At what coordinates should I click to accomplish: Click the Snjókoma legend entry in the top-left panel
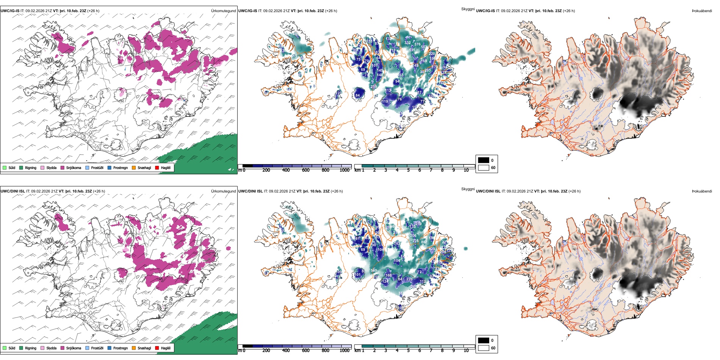74,167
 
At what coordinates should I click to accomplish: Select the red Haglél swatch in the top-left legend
157,167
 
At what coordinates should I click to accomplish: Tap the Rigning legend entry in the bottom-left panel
30,348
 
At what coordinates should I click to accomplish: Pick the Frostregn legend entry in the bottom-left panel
120,348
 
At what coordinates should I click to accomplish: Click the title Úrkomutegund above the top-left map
223,11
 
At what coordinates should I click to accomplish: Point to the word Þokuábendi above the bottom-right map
702,191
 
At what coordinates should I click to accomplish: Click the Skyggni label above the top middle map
468,9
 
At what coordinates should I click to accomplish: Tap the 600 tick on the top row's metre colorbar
306,170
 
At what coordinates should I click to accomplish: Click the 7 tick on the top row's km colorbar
431,170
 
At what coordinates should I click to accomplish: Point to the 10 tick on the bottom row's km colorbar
466,351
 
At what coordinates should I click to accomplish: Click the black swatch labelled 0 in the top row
484,160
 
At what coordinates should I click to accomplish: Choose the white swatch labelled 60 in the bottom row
484,348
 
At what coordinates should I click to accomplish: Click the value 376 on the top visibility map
417,44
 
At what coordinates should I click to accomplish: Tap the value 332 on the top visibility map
407,43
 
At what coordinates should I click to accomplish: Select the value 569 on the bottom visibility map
374,271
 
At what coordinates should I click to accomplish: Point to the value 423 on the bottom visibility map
432,249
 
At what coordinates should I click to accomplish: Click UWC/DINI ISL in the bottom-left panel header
13,191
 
